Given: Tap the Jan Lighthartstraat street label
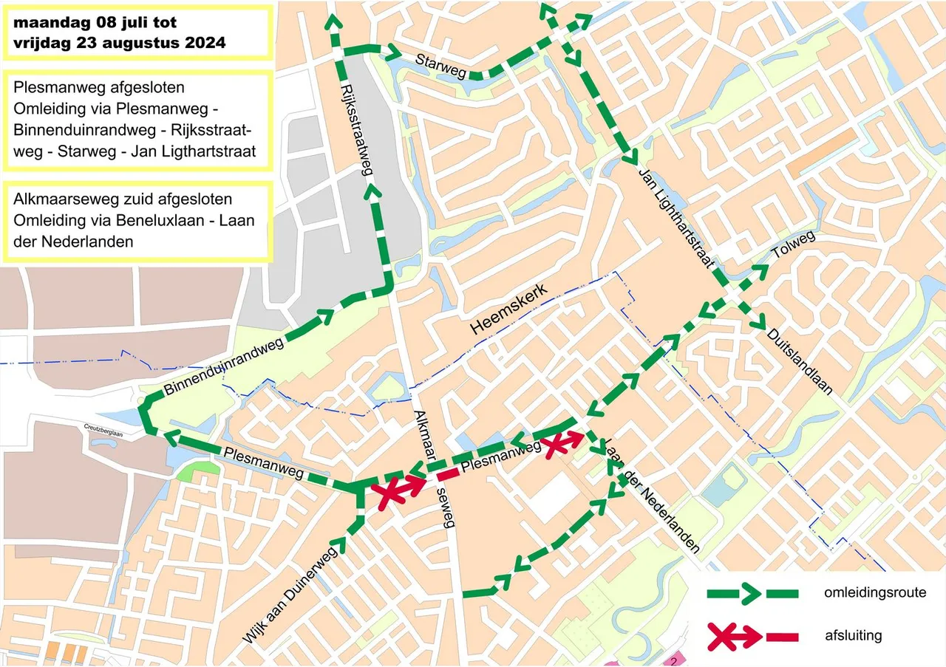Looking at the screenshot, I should pos(676,218).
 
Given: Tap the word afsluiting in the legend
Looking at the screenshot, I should pos(853,635).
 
